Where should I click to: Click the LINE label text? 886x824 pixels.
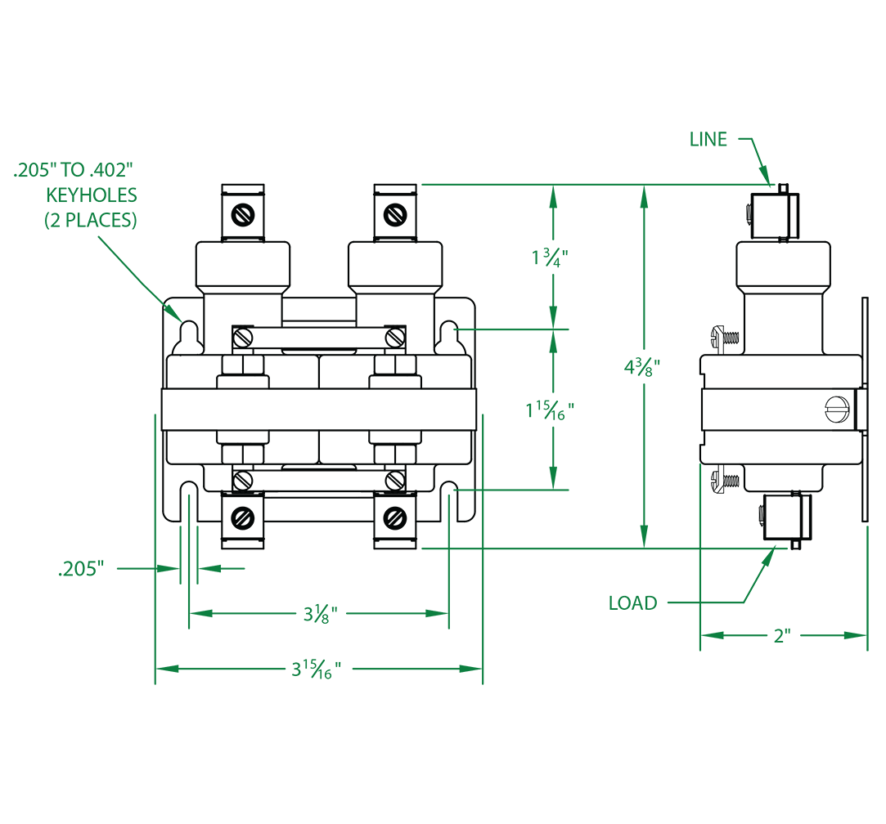(708, 140)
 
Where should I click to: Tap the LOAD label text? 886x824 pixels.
(632, 603)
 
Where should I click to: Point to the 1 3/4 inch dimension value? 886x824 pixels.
(549, 257)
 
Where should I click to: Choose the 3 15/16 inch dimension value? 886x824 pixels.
(316, 669)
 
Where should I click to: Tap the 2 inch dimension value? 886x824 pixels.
(782, 636)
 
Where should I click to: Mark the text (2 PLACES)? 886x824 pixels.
(90, 221)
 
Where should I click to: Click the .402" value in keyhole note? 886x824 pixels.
(107, 172)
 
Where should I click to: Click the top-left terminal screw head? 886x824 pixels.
(243, 214)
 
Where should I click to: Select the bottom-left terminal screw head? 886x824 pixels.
(243, 517)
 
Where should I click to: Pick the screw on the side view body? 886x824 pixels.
(834, 408)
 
